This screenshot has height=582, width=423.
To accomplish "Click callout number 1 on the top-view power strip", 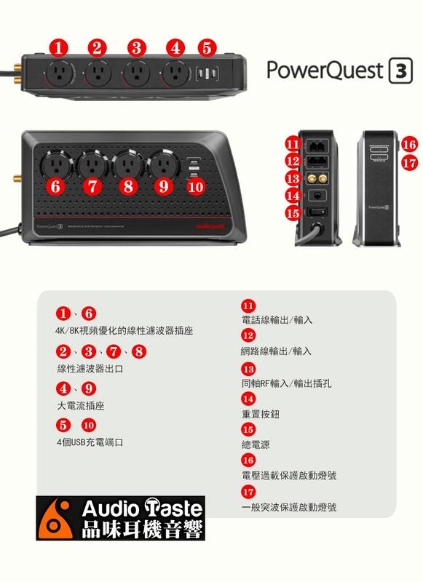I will (x=60, y=48).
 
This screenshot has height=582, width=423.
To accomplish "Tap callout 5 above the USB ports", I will (x=207, y=48).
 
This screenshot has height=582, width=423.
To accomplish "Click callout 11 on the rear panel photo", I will (x=293, y=143).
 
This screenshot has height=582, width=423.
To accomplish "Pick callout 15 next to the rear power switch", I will (x=293, y=213).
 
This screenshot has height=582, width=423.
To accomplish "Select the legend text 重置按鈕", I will (x=260, y=413).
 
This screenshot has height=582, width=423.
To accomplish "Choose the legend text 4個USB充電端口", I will (x=90, y=442).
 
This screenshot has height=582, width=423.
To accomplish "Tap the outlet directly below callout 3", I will (x=135, y=72).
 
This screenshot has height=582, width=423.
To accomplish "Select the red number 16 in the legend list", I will (x=248, y=461).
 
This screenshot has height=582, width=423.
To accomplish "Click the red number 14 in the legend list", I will (x=248, y=399).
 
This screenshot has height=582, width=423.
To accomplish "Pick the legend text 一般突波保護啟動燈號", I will (x=288, y=506).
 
